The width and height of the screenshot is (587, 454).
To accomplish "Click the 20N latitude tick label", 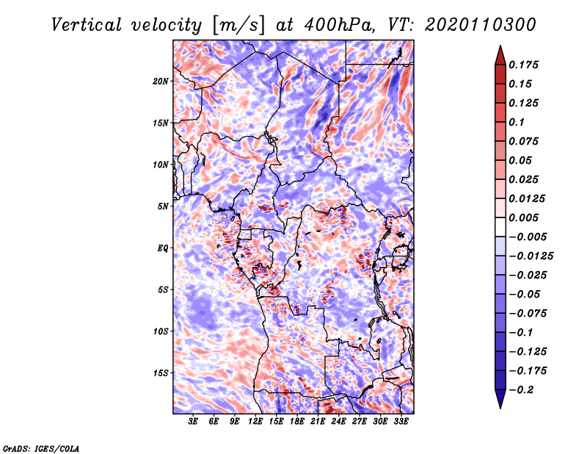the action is click(x=161, y=82).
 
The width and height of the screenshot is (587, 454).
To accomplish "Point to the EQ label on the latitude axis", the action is click(x=162, y=248).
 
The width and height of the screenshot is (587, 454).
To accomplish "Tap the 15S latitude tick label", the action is click(x=161, y=373).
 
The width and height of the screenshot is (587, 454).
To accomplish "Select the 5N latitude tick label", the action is click(x=163, y=206).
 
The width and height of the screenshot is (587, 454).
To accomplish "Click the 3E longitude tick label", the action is click(x=193, y=422).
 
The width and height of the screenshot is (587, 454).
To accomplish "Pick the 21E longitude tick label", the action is click(x=318, y=422).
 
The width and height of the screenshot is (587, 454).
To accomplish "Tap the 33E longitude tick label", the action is click(x=401, y=422).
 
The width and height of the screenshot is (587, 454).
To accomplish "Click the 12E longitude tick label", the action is click(x=255, y=422).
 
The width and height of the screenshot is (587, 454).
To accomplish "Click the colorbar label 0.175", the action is click(x=524, y=65).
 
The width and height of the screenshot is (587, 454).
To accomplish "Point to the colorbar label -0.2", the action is click(x=522, y=390).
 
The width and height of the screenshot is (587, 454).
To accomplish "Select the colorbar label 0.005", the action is click(x=524, y=217).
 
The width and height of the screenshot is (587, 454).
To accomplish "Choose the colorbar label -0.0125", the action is click(x=531, y=256).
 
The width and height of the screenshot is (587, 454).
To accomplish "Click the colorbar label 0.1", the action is click(x=517, y=122).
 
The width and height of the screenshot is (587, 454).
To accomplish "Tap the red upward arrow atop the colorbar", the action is click(x=500, y=55).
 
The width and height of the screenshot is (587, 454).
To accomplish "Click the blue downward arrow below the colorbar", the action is click(x=500, y=399).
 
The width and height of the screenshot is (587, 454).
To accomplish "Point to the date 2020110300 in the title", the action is click(x=481, y=25).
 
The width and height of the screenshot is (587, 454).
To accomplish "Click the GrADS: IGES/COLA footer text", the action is click(x=41, y=448).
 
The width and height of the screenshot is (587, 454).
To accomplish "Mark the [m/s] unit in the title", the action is click(x=238, y=25).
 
